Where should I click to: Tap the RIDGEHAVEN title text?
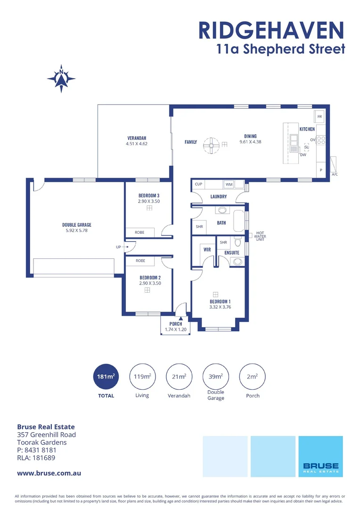[x=271, y=30]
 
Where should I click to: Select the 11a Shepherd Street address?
[x=280, y=49]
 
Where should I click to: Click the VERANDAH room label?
[x=137, y=138]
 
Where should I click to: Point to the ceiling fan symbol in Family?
[x=211, y=145]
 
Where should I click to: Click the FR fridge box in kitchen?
[x=319, y=116]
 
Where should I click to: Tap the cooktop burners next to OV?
[x=321, y=140]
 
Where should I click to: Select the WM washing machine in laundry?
[x=229, y=184]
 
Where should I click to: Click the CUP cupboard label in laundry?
[x=198, y=184]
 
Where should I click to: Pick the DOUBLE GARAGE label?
[x=77, y=225]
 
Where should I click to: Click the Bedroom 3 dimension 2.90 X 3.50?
[x=149, y=201]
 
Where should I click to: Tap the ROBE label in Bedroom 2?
[x=140, y=261]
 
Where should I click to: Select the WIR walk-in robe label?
[x=206, y=249]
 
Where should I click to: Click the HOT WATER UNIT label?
[x=260, y=236]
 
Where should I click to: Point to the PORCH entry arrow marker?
[x=180, y=318]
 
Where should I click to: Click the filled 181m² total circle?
[x=106, y=377]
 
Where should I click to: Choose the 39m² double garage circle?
[x=216, y=377]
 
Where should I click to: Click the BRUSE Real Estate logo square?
[x=320, y=456]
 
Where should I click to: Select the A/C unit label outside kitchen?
[x=335, y=174]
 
